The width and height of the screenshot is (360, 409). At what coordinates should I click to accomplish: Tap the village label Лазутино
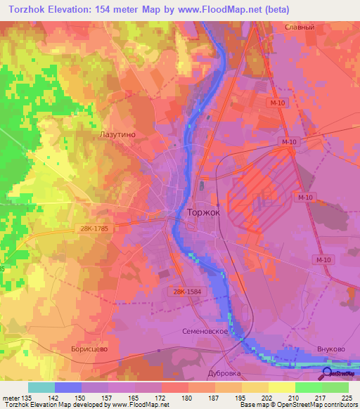click(117, 132)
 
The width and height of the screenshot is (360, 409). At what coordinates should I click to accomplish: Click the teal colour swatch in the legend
click(41, 387)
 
